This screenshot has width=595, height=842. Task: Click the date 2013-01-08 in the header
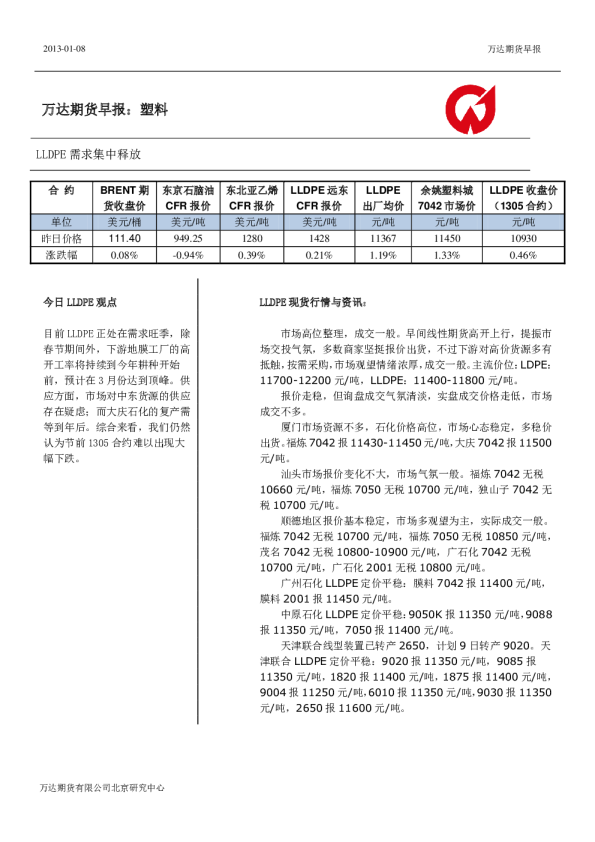(65, 49)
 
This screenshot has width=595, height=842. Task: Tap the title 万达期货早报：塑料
(105, 109)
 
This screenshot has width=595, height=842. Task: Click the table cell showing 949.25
(188, 239)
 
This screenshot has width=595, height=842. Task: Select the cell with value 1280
(251, 239)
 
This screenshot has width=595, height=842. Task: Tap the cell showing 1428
(319, 239)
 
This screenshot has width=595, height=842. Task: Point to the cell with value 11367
(383, 239)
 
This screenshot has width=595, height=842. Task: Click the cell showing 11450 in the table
(447, 239)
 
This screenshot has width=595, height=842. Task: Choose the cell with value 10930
(523, 239)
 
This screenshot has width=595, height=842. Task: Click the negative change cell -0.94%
(188, 255)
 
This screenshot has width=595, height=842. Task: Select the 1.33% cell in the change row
(447, 255)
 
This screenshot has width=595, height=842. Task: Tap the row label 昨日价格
(61, 239)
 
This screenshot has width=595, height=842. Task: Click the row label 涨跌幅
(61, 255)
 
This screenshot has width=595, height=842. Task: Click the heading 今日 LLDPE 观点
(80, 301)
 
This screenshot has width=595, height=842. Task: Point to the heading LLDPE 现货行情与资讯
(313, 301)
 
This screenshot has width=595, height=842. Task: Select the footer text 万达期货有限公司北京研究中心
(102, 787)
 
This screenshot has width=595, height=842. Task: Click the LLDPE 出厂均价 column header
(383, 197)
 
